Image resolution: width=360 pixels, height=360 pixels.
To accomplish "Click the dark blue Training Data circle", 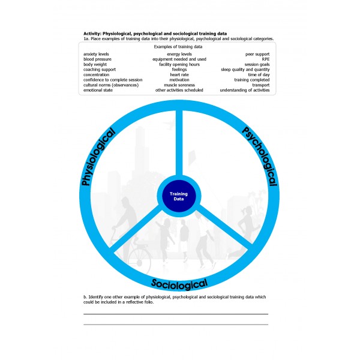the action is tap(178, 196).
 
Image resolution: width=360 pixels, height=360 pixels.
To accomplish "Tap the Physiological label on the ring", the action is tap(98, 157).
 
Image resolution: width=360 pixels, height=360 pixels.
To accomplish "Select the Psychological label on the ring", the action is tap(260, 156).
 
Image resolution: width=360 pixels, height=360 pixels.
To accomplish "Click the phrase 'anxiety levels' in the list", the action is tap(96, 54).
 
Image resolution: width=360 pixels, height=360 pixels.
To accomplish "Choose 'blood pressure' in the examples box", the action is tap(97, 59).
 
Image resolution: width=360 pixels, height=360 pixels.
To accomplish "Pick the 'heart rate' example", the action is tap(179, 74).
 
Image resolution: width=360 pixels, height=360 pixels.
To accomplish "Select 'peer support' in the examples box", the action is tap(257, 54).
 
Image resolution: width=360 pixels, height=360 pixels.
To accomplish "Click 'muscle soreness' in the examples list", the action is tap(179, 85).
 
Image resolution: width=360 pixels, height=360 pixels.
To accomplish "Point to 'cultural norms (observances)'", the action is tap(111, 85).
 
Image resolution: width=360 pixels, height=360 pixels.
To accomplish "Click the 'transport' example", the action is tap(261, 85).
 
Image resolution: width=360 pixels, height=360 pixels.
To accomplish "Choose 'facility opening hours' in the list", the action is tap(179, 65).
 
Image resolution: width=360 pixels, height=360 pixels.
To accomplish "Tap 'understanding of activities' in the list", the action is tap(245, 90).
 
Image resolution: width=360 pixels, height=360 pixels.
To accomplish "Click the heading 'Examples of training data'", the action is tap(178, 47).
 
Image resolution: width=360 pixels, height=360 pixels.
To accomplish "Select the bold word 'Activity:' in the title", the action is tap(92, 34).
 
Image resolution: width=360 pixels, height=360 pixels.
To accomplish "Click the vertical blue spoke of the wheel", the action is tap(179, 143).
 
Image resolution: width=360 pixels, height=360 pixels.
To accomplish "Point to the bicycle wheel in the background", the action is tap(139, 261).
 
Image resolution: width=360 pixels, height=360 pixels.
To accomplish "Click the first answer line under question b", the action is tap(176, 314).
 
